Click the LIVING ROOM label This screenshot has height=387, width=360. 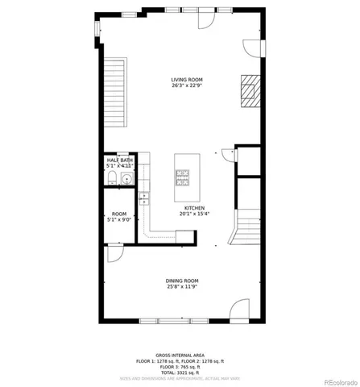tap(186, 79)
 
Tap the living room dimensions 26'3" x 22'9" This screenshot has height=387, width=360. tap(186, 85)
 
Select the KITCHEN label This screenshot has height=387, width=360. tap(193, 207)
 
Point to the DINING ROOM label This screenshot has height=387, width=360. tap(182, 280)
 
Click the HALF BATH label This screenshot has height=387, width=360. tap(120, 160)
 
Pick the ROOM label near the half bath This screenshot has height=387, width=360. tap(118, 214)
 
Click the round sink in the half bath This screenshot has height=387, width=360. tap(126, 179)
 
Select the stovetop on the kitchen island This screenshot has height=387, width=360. tap(182, 176)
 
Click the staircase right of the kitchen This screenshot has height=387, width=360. tap(247, 225)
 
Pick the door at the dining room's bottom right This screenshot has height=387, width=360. tap(239, 311)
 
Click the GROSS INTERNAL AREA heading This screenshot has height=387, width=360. tap(180, 355)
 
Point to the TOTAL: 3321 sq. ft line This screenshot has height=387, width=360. tap(180, 372)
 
